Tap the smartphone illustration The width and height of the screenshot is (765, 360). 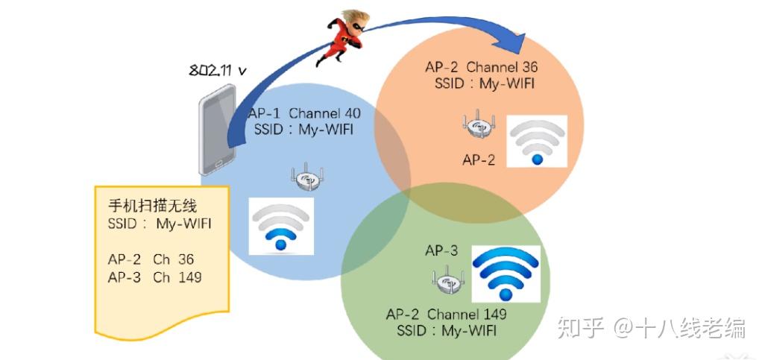pyautogui.click(x=218, y=130)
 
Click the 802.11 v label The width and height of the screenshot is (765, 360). pyautogui.click(x=217, y=70)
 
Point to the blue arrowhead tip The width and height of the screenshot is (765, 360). pyautogui.click(x=526, y=35)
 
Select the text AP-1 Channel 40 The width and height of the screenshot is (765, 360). pyautogui.click(x=304, y=113)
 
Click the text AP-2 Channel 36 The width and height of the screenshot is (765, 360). pyautogui.click(x=482, y=67)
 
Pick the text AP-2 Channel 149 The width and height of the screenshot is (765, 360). pyautogui.click(x=447, y=314)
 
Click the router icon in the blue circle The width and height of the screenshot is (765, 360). pyautogui.click(x=307, y=177)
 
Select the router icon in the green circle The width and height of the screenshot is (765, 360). pyautogui.click(x=448, y=280)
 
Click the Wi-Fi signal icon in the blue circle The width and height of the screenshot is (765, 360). pyautogui.click(x=281, y=226)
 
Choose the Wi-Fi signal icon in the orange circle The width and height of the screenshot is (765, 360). pyautogui.click(x=537, y=142)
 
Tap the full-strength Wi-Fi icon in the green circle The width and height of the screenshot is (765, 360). pyautogui.click(x=506, y=274)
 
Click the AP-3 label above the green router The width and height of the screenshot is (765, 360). pyautogui.click(x=441, y=250)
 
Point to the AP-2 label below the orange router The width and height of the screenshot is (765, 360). pyautogui.click(x=479, y=160)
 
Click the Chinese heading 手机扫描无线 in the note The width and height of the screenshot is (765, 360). pyautogui.click(x=152, y=206)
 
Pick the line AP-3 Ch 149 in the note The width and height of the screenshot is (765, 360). pyautogui.click(x=154, y=277)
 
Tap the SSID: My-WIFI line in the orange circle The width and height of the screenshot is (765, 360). pyautogui.click(x=485, y=83)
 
